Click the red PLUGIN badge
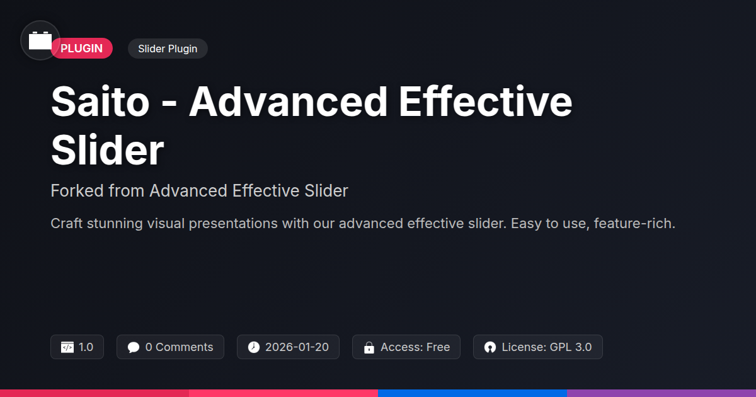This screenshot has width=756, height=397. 82,49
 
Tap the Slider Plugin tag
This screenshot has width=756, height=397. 168,49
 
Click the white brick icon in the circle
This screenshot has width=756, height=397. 40,40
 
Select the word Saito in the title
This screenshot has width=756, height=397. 100,101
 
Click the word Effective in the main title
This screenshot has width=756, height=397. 485,101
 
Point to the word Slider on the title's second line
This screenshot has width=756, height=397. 107,150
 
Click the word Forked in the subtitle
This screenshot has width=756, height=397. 77,190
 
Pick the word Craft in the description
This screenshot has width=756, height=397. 67,223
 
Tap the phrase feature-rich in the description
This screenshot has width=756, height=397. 634,223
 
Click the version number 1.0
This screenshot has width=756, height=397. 86,347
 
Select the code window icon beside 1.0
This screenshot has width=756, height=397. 67,347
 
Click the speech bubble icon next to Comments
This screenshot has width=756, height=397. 134,347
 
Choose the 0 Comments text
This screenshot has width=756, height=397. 179,347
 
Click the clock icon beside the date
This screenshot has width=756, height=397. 254,347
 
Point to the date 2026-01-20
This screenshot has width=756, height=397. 297,347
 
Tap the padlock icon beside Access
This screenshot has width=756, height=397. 369,347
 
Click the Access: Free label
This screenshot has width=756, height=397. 415,347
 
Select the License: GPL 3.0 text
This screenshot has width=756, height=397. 547,347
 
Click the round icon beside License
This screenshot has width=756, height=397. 490,347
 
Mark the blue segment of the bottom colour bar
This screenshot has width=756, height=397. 472,393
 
